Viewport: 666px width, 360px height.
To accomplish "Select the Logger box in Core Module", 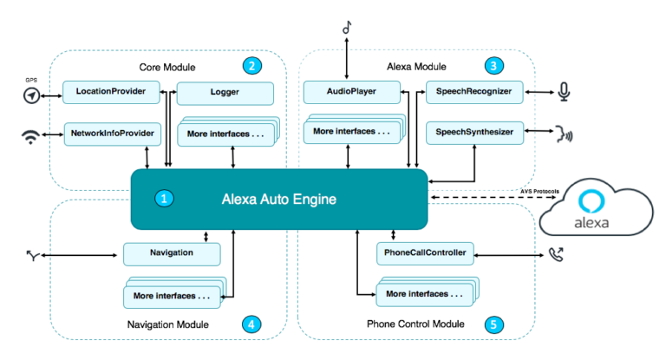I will coord(225,91).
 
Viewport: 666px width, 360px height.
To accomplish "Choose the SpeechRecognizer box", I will coord(474,91).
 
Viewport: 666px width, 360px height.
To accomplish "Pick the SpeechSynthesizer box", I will coord(474,132).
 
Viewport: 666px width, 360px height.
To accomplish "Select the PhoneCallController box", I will coord(425,253).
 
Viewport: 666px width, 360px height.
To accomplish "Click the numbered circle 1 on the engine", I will coord(163,199).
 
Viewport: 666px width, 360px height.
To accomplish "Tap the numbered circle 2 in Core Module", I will coord(251,65).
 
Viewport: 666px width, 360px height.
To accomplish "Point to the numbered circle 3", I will coord(493,65).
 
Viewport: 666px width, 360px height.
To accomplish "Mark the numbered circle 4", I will coord(251,324).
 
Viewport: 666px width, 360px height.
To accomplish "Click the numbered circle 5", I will coord(493,324).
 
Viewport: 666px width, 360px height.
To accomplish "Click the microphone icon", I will coord(565,91).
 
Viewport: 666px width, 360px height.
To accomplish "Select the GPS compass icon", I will coord(31,95).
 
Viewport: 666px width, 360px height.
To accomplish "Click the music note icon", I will coord(348,28).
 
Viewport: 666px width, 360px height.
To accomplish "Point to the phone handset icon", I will coord(556,254).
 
